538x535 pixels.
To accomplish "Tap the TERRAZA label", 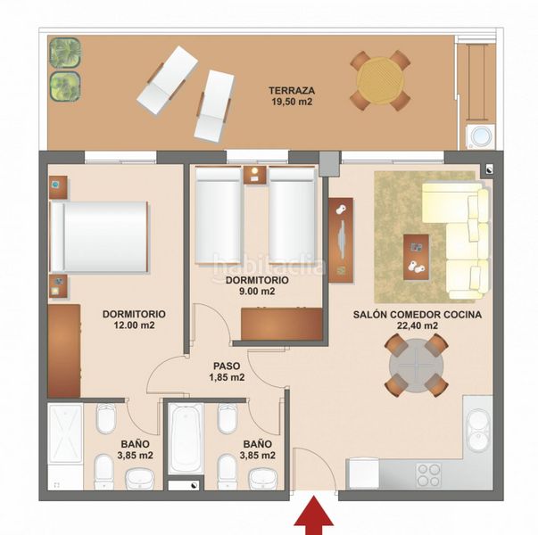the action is pyautogui.click(x=292, y=91).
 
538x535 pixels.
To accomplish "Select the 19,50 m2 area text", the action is pyautogui.click(x=292, y=102).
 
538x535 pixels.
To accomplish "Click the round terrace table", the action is pyautogui.click(x=380, y=80).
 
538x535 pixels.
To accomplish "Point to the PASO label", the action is pyautogui.click(x=227, y=366).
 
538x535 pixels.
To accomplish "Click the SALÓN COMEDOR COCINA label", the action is pyautogui.click(x=418, y=315).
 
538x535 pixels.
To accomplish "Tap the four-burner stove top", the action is pyautogui.click(x=428, y=475).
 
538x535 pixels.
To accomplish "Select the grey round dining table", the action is pyautogui.click(x=416, y=366).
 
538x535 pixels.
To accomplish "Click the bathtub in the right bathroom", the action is pyautogui.click(x=187, y=438).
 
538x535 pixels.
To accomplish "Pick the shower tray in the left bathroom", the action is pyautogui.click(x=65, y=433).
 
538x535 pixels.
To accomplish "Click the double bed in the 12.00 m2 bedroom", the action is pyautogui.click(x=100, y=237).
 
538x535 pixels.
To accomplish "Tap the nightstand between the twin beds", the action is pyautogui.click(x=255, y=175).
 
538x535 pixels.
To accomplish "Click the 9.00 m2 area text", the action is pyautogui.click(x=257, y=292).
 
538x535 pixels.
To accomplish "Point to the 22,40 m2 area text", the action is pyautogui.click(x=418, y=325).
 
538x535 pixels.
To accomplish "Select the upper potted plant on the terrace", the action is pyautogui.click(x=65, y=53).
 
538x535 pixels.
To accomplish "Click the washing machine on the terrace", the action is pyautogui.click(x=480, y=136).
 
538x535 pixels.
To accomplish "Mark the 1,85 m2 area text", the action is pyautogui.click(x=227, y=377).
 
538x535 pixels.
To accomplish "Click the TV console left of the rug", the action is pyautogui.click(x=340, y=240).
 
